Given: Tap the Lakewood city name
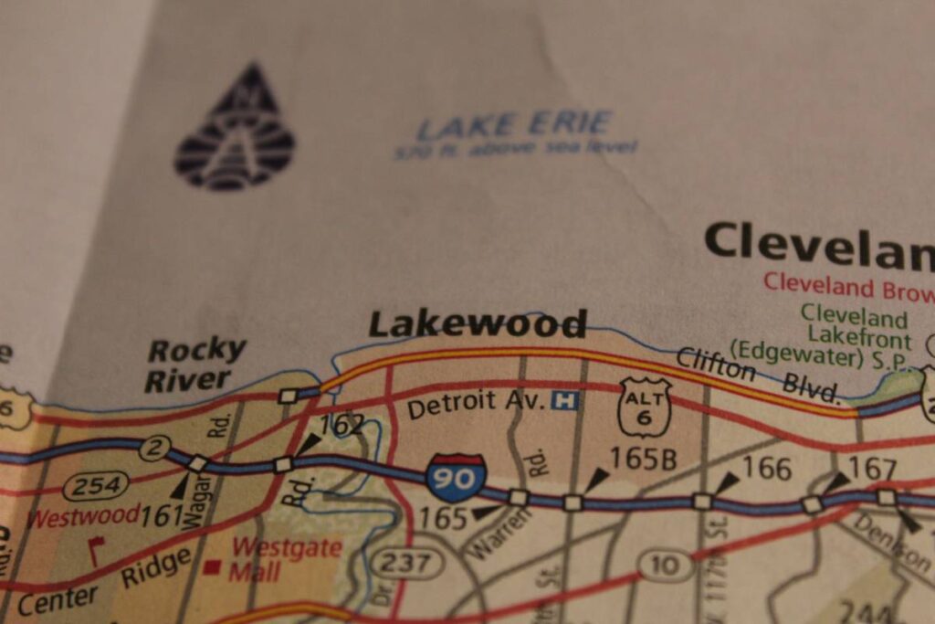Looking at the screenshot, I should click(477, 324).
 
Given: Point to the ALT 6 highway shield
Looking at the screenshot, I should click(645, 407).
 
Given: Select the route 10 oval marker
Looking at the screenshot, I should click(666, 566).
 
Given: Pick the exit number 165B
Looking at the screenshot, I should click(643, 459).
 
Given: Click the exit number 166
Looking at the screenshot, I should click(765, 468).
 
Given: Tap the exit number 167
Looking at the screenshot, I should click(872, 469).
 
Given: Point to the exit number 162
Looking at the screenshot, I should click(341, 423).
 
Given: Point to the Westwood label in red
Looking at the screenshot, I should click(83, 516).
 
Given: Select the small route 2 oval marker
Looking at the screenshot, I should click(155, 449).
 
